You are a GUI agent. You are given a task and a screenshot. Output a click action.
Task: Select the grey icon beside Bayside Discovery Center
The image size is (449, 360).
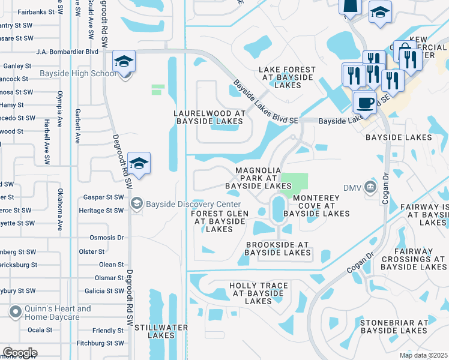pos(137,205)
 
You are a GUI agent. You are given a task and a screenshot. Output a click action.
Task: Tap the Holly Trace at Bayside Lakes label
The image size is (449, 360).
pos(259,293)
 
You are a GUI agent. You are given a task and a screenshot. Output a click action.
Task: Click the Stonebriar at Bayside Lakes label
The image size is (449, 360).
pos(394,326)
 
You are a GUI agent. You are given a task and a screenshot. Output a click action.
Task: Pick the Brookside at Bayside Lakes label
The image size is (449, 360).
pos(277,249)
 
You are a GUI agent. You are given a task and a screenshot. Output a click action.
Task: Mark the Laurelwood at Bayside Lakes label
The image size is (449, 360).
pos(209,117)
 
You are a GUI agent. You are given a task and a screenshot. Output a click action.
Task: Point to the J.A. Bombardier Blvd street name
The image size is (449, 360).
pos(67,52)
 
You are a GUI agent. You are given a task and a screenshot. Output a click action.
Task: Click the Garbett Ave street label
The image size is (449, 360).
pos(77,125)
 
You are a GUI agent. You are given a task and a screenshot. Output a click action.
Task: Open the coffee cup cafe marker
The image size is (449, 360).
pos(364,103)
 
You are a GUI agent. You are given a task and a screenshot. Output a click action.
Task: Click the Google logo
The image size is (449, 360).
pos(20,353)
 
